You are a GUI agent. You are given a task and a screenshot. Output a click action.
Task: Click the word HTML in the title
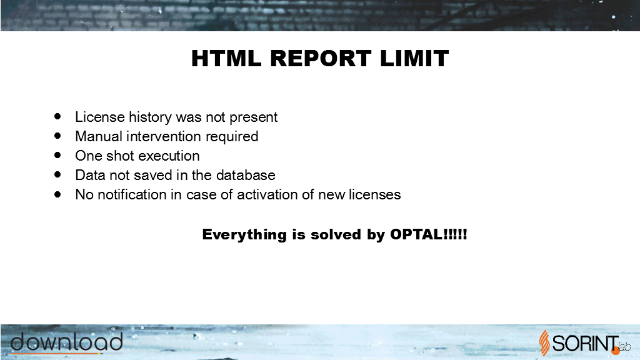tap(226, 58)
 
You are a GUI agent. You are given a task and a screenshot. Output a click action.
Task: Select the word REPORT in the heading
tap(321, 58)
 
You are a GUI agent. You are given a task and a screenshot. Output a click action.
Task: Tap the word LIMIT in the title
tap(414, 58)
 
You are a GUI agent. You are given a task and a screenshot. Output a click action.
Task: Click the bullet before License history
tap(57, 117)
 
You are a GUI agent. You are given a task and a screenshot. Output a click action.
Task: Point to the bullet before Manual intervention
tap(57, 136)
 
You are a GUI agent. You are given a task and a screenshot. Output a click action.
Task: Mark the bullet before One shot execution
tap(57, 156)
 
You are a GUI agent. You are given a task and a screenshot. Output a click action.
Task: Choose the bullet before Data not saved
tap(57, 175)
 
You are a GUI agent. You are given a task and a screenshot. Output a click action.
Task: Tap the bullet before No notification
tap(57, 194)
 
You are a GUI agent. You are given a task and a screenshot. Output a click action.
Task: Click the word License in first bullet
tap(100, 117)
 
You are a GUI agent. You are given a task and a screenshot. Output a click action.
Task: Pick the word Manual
tap(99, 136)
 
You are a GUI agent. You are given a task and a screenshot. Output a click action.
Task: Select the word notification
tap(132, 195)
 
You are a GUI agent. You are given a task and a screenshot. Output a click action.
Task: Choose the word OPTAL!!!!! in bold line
tap(429, 234)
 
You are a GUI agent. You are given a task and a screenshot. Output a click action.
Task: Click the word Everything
tap(244, 235)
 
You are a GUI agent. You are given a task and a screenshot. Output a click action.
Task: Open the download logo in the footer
tap(66, 342)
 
